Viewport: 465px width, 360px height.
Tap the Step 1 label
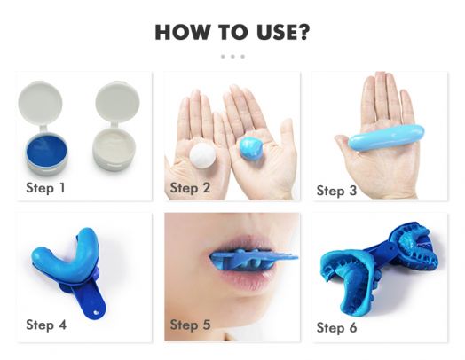point(45,187)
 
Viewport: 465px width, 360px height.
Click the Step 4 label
point(46,325)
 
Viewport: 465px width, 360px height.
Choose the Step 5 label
point(190,325)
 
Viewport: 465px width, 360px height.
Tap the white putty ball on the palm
point(206,157)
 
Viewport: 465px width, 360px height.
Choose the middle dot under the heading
point(232,56)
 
